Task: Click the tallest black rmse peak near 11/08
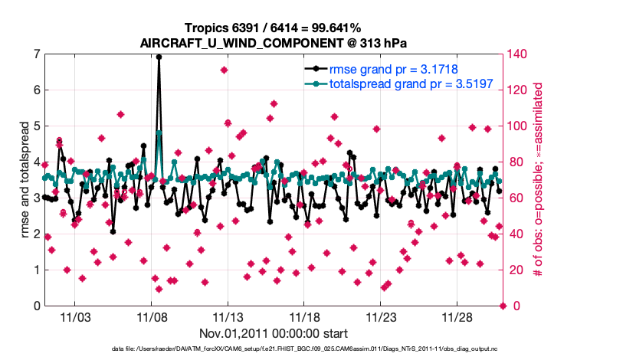coord(159,57)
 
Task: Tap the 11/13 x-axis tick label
coord(228,316)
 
